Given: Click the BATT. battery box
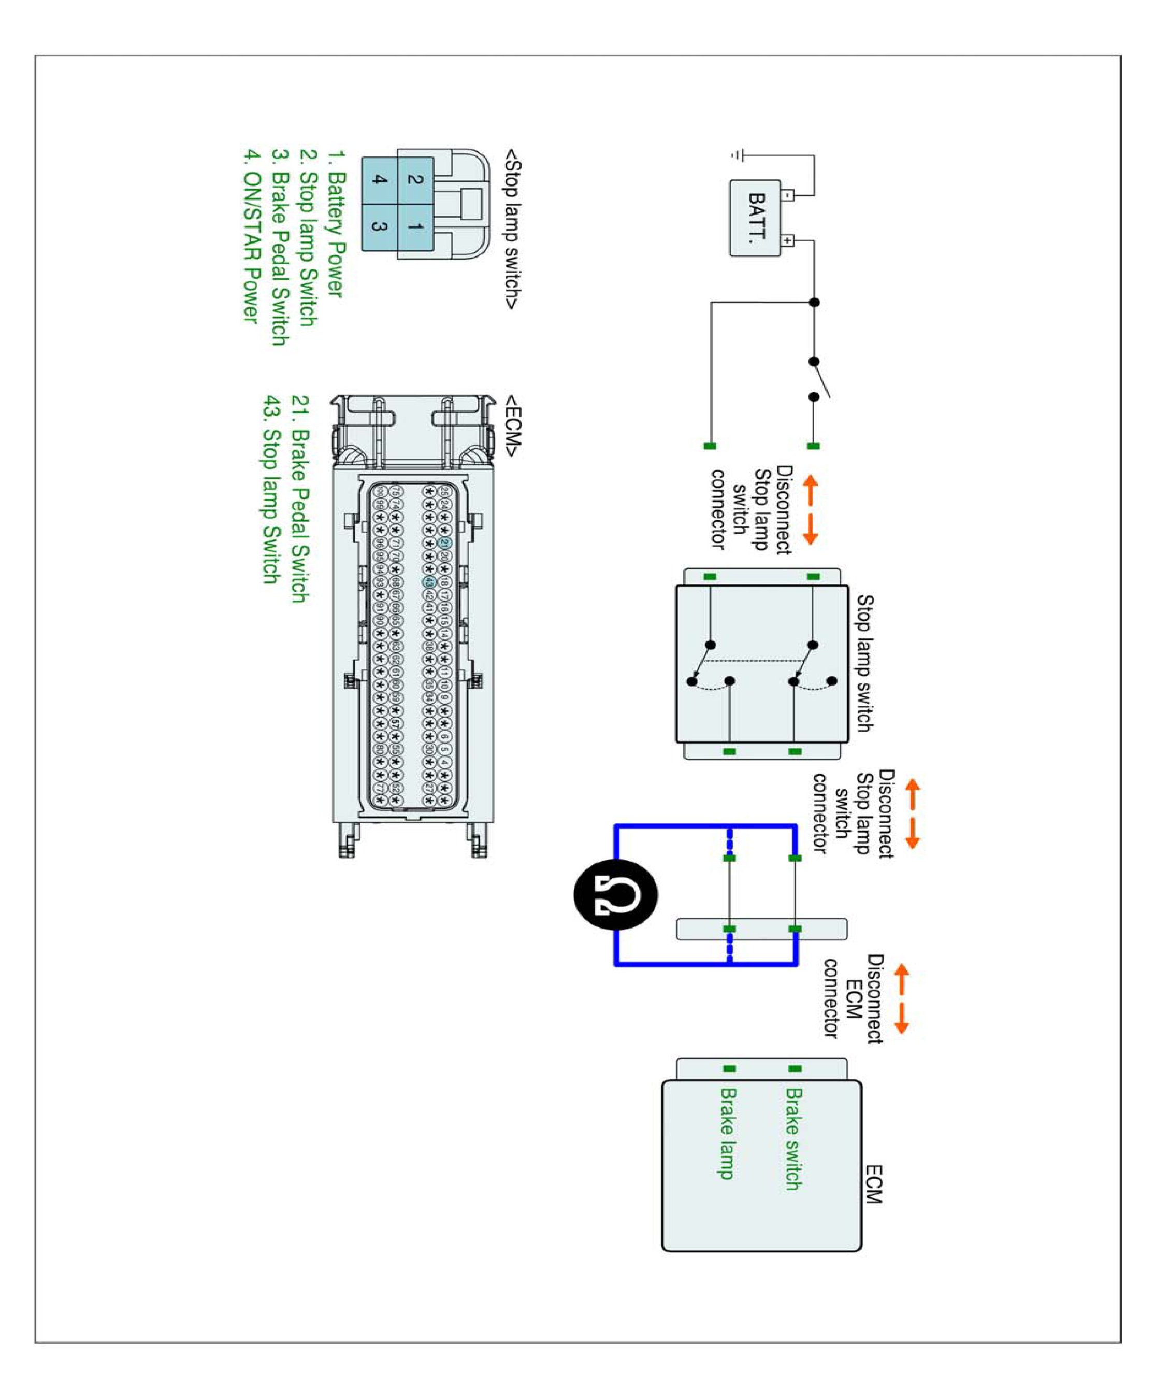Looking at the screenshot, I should (x=755, y=218).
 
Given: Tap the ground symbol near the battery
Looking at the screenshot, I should (x=737, y=155).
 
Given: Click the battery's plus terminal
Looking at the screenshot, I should (x=788, y=240).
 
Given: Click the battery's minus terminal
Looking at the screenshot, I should (x=788, y=195).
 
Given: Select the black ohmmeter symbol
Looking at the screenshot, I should (x=615, y=894).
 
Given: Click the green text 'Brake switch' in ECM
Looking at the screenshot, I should (x=793, y=1139).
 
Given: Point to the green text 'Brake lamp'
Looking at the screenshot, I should (x=728, y=1133).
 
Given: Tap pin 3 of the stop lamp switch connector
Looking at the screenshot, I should (x=379, y=227).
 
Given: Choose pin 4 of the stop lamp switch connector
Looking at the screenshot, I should (x=379, y=180).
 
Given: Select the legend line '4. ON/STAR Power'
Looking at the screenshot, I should (x=250, y=236).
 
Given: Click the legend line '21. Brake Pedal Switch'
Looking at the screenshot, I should (x=300, y=499).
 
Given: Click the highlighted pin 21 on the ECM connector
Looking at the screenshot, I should (x=444, y=543).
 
